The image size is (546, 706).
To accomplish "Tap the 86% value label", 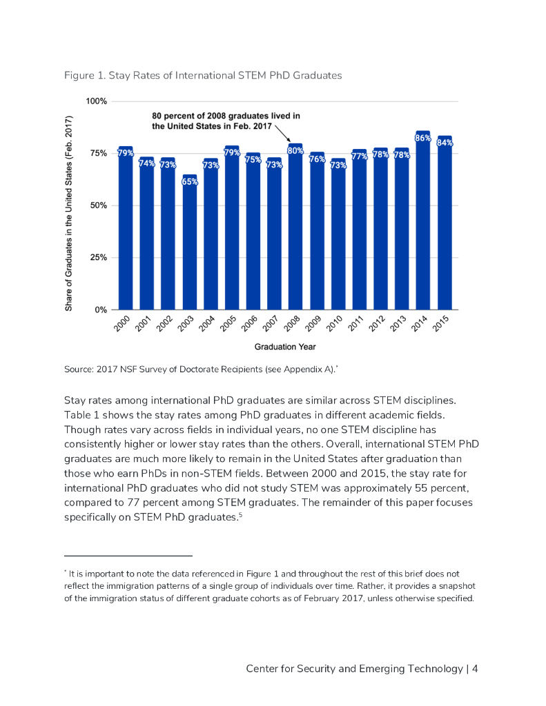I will click(423, 139).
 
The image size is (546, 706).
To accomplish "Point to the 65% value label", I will click(189, 182).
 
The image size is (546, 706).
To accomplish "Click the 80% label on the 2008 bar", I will click(295, 150).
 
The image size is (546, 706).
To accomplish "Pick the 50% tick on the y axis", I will click(97, 205).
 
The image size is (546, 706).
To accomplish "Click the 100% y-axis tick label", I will click(95, 101).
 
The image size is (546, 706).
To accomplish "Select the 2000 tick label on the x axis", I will click(123, 324).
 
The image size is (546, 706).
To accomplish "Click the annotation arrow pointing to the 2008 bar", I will click(281, 133).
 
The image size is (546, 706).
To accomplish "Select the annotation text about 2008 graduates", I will click(226, 121).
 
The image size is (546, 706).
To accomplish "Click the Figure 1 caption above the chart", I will click(203, 75).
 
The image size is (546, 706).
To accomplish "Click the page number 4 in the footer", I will click(475, 669).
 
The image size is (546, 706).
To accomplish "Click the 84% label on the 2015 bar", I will click(445, 143).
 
